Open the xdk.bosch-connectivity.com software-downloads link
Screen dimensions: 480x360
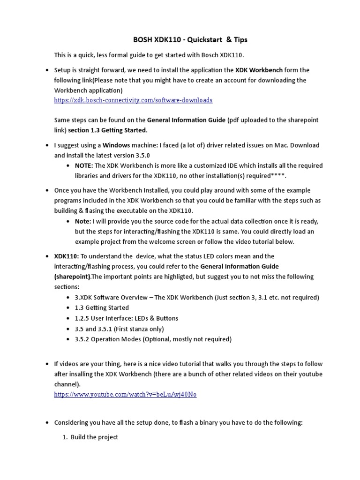[x=133, y=100]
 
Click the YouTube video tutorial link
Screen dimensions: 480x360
[x=125, y=395]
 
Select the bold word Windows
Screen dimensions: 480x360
[x=117, y=145]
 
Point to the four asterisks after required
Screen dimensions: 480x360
[x=277, y=176]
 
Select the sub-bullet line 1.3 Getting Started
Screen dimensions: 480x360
[x=102, y=308]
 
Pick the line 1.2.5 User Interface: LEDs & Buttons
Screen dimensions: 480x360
[x=126, y=318]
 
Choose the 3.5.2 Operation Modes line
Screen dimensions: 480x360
[x=153, y=339]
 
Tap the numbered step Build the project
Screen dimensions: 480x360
[x=94, y=437]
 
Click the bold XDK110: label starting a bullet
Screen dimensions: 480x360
[x=67, y=256]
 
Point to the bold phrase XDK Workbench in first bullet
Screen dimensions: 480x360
[x=259, y=70]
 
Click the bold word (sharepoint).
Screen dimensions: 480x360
[x=73, y=277]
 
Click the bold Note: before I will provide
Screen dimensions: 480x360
[x=83, y=221]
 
